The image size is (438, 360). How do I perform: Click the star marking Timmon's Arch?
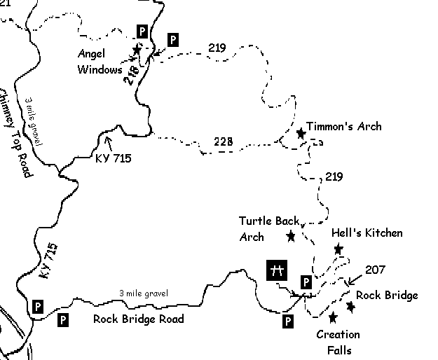301,132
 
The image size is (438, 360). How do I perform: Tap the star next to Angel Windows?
137,49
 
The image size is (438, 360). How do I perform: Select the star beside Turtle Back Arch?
291,236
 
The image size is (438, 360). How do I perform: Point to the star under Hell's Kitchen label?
338,249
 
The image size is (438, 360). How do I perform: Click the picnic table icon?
278,270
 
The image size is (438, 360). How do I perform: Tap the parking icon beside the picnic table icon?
305,282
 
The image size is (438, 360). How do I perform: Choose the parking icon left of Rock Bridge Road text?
62,320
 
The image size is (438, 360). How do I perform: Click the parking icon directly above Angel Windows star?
142,32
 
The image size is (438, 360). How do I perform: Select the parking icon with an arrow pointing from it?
172,40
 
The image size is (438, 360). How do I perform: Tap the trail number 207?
376,268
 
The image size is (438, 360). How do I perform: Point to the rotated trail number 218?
131,74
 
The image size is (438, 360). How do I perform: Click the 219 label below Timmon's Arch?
334,176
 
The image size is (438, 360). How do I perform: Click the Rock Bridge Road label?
138,319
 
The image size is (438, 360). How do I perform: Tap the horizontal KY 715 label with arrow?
113,158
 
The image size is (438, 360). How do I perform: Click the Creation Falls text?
338,342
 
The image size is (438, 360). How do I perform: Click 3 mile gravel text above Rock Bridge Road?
143,293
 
